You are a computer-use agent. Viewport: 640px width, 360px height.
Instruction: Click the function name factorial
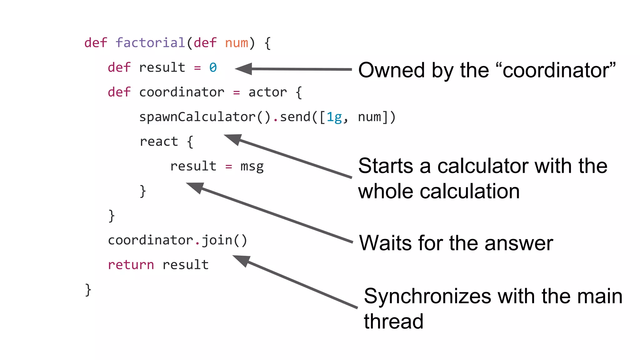(x=150, y=43)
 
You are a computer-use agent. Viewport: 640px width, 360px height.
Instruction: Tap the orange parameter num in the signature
(x=236, y=43)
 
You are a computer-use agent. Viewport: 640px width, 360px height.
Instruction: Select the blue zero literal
(x=213, y=67)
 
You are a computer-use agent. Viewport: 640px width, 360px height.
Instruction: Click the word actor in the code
(x=267, y=92)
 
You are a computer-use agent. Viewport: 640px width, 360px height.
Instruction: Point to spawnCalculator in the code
(x=197, y=117)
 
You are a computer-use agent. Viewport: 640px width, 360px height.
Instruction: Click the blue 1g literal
(x=334, y=117)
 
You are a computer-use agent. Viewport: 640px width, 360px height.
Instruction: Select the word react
(x=158, y=142)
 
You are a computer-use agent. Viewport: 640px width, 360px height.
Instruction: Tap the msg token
(x=252, y=166)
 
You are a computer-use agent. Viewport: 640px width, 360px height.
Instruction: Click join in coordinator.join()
(x=217, y=240)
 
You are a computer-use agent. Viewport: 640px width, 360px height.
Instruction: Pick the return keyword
(x=131, y=265)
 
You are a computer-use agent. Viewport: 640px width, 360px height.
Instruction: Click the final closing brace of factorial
(x=88, y=290)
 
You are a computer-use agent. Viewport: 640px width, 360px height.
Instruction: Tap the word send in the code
(x=295, y=117)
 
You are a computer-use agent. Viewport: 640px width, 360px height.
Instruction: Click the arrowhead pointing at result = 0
(x=243, y=69)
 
